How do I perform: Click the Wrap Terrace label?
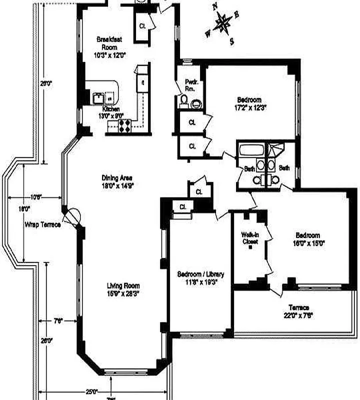(x=42, y=224)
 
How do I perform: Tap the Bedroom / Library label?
(x=201, y=278)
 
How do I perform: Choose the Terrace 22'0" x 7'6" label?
(x=298, y=311)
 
